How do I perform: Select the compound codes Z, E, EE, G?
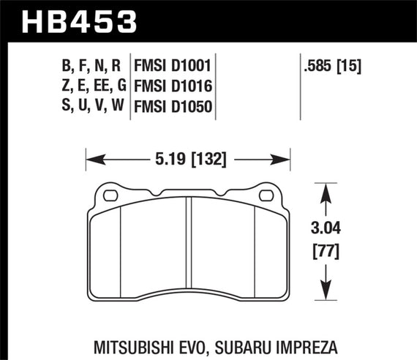pyautogui.click(x=91, y=87)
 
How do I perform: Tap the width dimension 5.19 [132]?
pyautogui.click(x=189, y=158)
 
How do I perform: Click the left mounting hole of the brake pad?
pyautogui.click(x=112, y=195)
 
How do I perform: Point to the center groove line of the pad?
pyautogui.click(x=189, y=249)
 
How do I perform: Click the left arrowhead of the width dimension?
pyautogui.click(x=91, y=158)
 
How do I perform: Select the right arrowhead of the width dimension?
pyautogui.click(x=286, y=158)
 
